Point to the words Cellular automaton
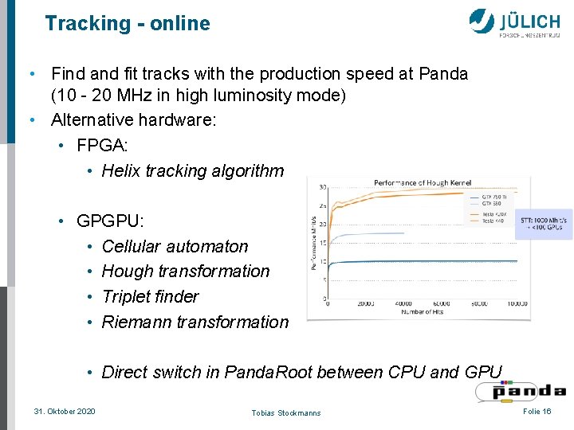(x=175, y=246)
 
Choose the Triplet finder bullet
(x=151, y=296)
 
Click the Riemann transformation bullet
(x=195, y=322)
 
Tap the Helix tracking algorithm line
(x=193, y=170)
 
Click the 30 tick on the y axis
(x=322, y=188)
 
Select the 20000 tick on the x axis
(x=366, y=303)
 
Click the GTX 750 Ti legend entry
(x=493, y=197)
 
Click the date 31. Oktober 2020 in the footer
(x=65, y=411)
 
